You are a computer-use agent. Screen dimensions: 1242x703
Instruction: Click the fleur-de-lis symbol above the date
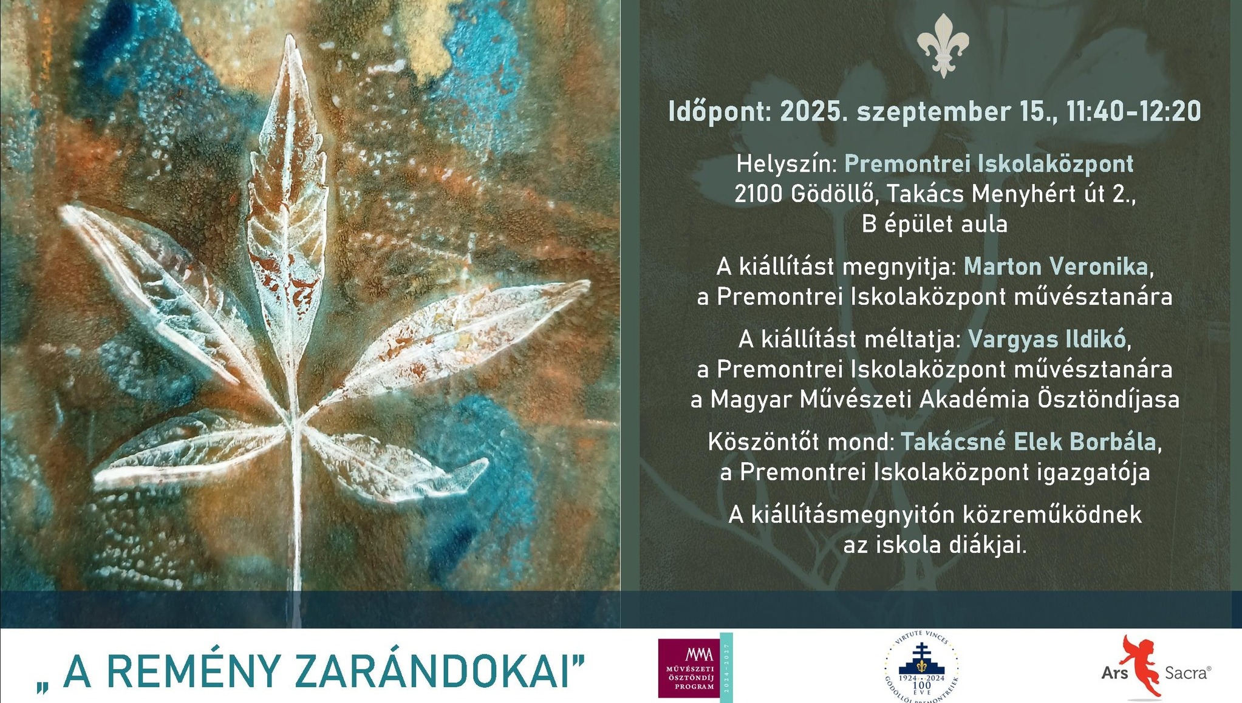point(943,46)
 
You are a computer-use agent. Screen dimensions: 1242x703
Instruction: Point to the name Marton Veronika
point(1056,267)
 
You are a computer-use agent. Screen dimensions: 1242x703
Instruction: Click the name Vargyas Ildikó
point(1046,339)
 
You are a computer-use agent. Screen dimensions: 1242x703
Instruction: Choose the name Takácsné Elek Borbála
point(1028,442)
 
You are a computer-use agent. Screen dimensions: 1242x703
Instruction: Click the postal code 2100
point(759,194)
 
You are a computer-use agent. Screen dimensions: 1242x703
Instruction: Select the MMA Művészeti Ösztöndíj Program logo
point(695,667)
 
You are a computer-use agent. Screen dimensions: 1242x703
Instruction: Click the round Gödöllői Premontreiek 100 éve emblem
point(921,667)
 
